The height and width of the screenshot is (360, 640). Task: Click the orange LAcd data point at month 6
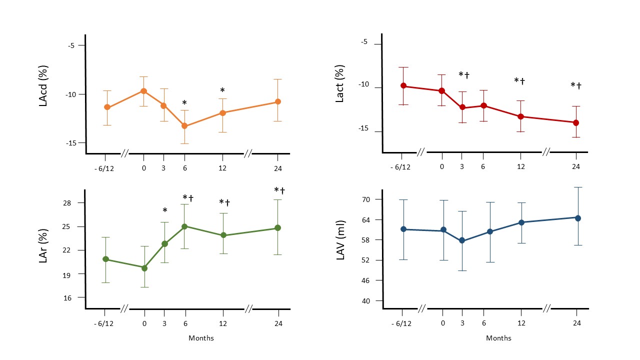pyautogui.click(x=184, y=125)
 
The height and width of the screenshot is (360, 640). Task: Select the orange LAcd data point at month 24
pyautogui.click(x=277, y=101)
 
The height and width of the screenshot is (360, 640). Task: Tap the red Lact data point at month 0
pyautogui.click(x=441, y=91)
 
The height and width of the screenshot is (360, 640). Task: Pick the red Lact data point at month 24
pyautogui.click(x=576, y=123)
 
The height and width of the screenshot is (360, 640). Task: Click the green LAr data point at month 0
pyautogui.click(x=144, y=268)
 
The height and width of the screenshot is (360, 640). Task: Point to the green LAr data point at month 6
pyautogui.click(x=184, y=226)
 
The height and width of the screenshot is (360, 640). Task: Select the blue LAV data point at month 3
pyautogui.click(x=462, y=241)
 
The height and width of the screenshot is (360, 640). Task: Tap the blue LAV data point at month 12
pyautogui.click(x=521, y=222)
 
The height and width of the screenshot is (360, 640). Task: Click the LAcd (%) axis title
pyautogui.click(x=43, y=86)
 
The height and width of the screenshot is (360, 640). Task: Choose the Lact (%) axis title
pyautogui.click(x=339, y=83)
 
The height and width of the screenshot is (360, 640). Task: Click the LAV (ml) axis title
pyautogui.click(x=340, y=240)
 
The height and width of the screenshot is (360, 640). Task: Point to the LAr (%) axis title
pyautogui.click(x=43, y=245)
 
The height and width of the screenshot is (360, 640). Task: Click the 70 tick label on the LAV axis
pyautogui.click(x=366, y=199)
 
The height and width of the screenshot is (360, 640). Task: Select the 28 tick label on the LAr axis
pyautogui.click(x=67, y=203)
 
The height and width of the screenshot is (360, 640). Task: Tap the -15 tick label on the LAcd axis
pyautogui.click(x=71, y=143)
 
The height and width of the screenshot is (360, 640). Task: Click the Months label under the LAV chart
pyautogui.click(x=498, y=338)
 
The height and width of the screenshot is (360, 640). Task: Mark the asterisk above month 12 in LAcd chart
pyautogui.click(x=222, y=90)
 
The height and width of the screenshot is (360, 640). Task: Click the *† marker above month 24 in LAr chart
pyautogui.click(x=279, y=190)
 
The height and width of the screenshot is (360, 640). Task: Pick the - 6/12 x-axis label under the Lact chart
pyautogui.click(x=400, y=167)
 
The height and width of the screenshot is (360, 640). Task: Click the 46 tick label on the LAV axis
pyautogui.click(x=365, y=280)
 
